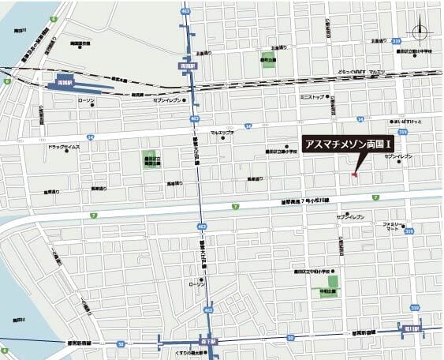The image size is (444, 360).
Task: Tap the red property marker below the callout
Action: [354, 174]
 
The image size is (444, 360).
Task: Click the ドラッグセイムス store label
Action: [63, 147]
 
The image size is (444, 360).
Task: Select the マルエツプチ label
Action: [223, 133]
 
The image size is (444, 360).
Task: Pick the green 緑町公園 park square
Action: [269, 60]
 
